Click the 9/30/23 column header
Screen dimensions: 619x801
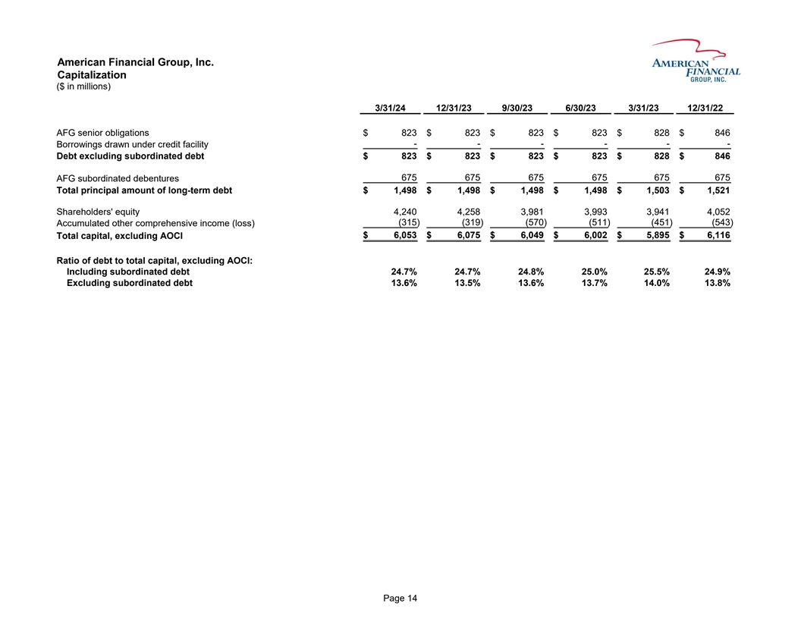(517, 107)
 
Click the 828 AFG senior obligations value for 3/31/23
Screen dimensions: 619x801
(658, 133)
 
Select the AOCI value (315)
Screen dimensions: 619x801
(405, 223)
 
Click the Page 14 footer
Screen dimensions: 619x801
(400, 599)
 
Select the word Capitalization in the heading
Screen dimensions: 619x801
(92, 75)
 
